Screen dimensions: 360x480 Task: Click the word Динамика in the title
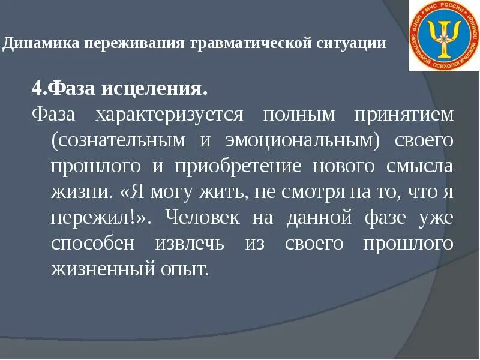pyautogui.click(x=41, y=44)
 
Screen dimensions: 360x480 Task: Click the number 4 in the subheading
pyautogui.click(x=37, y=90)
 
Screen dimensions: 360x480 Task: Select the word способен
pyautogui.click(x=88, y=244)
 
